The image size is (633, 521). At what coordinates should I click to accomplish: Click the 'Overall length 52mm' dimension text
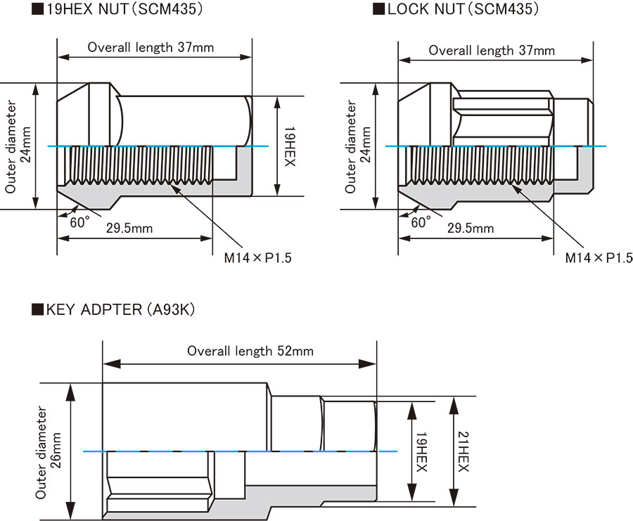(250, 350)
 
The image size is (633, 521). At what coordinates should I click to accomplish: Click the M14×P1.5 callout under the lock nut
(599, 257)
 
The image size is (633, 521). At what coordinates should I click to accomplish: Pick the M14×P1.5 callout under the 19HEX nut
(257, 257)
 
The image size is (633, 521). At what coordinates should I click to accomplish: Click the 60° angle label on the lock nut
(420, 222)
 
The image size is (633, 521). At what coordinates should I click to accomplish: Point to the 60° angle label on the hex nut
(79, 222)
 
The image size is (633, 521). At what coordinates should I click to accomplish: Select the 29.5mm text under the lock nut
(470, 228)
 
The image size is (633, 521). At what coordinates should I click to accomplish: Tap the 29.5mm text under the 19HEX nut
(130, 228)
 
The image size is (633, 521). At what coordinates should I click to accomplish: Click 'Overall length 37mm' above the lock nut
(492, 50)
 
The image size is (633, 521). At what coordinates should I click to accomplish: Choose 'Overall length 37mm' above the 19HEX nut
(151, 48)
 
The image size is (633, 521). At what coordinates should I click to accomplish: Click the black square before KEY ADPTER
(38, 310)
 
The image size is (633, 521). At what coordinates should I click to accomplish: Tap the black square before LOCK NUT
(379, 9)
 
